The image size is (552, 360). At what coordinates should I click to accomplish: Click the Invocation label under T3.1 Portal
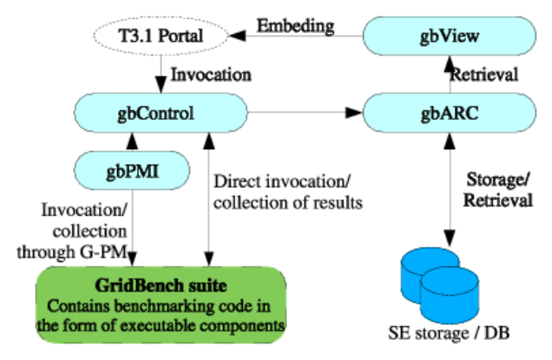[207, 75]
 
